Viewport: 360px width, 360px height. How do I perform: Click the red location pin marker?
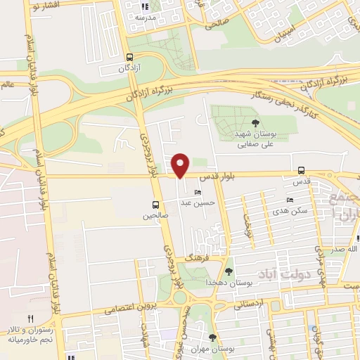pos(181,165)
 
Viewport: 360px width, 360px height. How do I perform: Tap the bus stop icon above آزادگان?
pos(129,58)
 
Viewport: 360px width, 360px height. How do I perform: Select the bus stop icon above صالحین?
pos(155,205)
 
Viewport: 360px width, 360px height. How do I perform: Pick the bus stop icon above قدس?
pos(301,170)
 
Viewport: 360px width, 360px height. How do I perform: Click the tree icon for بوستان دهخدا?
pos(229,271)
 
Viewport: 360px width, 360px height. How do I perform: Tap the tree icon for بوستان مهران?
pos(212,338)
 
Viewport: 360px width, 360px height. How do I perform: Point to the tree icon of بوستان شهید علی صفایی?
pos(255,124)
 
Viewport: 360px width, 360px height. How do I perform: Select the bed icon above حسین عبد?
pos(198,192)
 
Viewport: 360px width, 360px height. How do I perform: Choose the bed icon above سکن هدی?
pos(290,200)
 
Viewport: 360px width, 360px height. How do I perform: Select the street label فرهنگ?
pos(193,259)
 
